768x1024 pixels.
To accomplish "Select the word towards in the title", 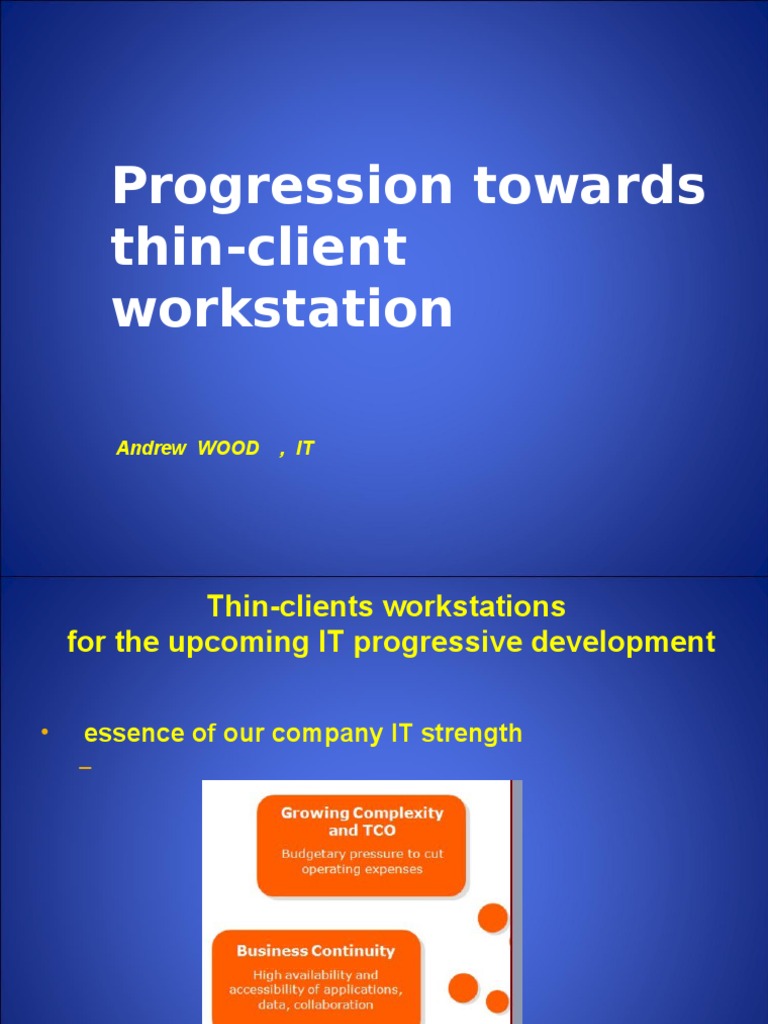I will (x=589, y=187).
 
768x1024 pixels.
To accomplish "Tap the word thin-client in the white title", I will (x=259, y=247).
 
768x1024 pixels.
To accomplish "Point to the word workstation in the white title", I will (x=282, y=309).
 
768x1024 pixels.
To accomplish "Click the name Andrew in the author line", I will (x=150, y=449).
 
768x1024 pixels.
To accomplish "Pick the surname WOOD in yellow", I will (x=228, y=449).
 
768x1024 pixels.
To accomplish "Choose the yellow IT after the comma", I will (x=305, y=449).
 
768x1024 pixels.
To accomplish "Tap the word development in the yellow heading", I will (x=623, y=642).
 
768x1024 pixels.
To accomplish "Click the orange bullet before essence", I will (x=43, y=733).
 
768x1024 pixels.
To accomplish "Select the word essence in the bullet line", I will (x=133, y=733).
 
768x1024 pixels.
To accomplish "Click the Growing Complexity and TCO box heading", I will (x=361, y=822).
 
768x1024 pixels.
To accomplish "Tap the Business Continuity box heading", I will (x=315, y=951).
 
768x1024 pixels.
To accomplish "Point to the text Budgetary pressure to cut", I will (x=362, y=854).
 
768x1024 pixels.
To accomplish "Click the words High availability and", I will (x=315, y=975).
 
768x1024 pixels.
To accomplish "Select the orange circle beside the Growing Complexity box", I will (x=492, y=917).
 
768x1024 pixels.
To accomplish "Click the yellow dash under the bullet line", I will (x=85, y=769).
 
